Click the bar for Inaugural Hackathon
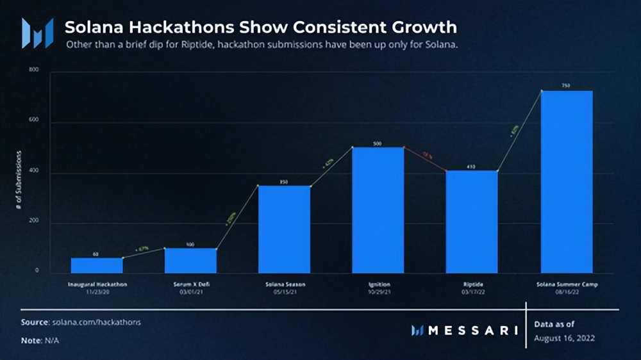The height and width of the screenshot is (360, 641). pos(97,265)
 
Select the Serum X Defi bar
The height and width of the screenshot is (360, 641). pos(190,261)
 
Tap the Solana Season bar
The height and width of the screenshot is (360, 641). pos(284,229)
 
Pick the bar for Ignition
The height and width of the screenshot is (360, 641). pos(378,210)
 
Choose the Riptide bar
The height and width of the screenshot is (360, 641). pos(472,222)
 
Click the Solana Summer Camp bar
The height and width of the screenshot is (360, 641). pos(567,182)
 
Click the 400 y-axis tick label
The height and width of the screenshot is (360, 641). pos(34,173)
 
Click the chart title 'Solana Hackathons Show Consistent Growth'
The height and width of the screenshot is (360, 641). pos(261,28)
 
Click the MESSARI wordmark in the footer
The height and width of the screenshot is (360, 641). pos(472,331)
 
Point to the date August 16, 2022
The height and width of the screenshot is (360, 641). pos(565,337)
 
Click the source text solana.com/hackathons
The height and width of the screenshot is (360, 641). pos(97,322)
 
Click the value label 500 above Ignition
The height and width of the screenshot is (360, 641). pos(378,143)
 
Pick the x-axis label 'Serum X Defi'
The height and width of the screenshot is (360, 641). pos(190,283)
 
